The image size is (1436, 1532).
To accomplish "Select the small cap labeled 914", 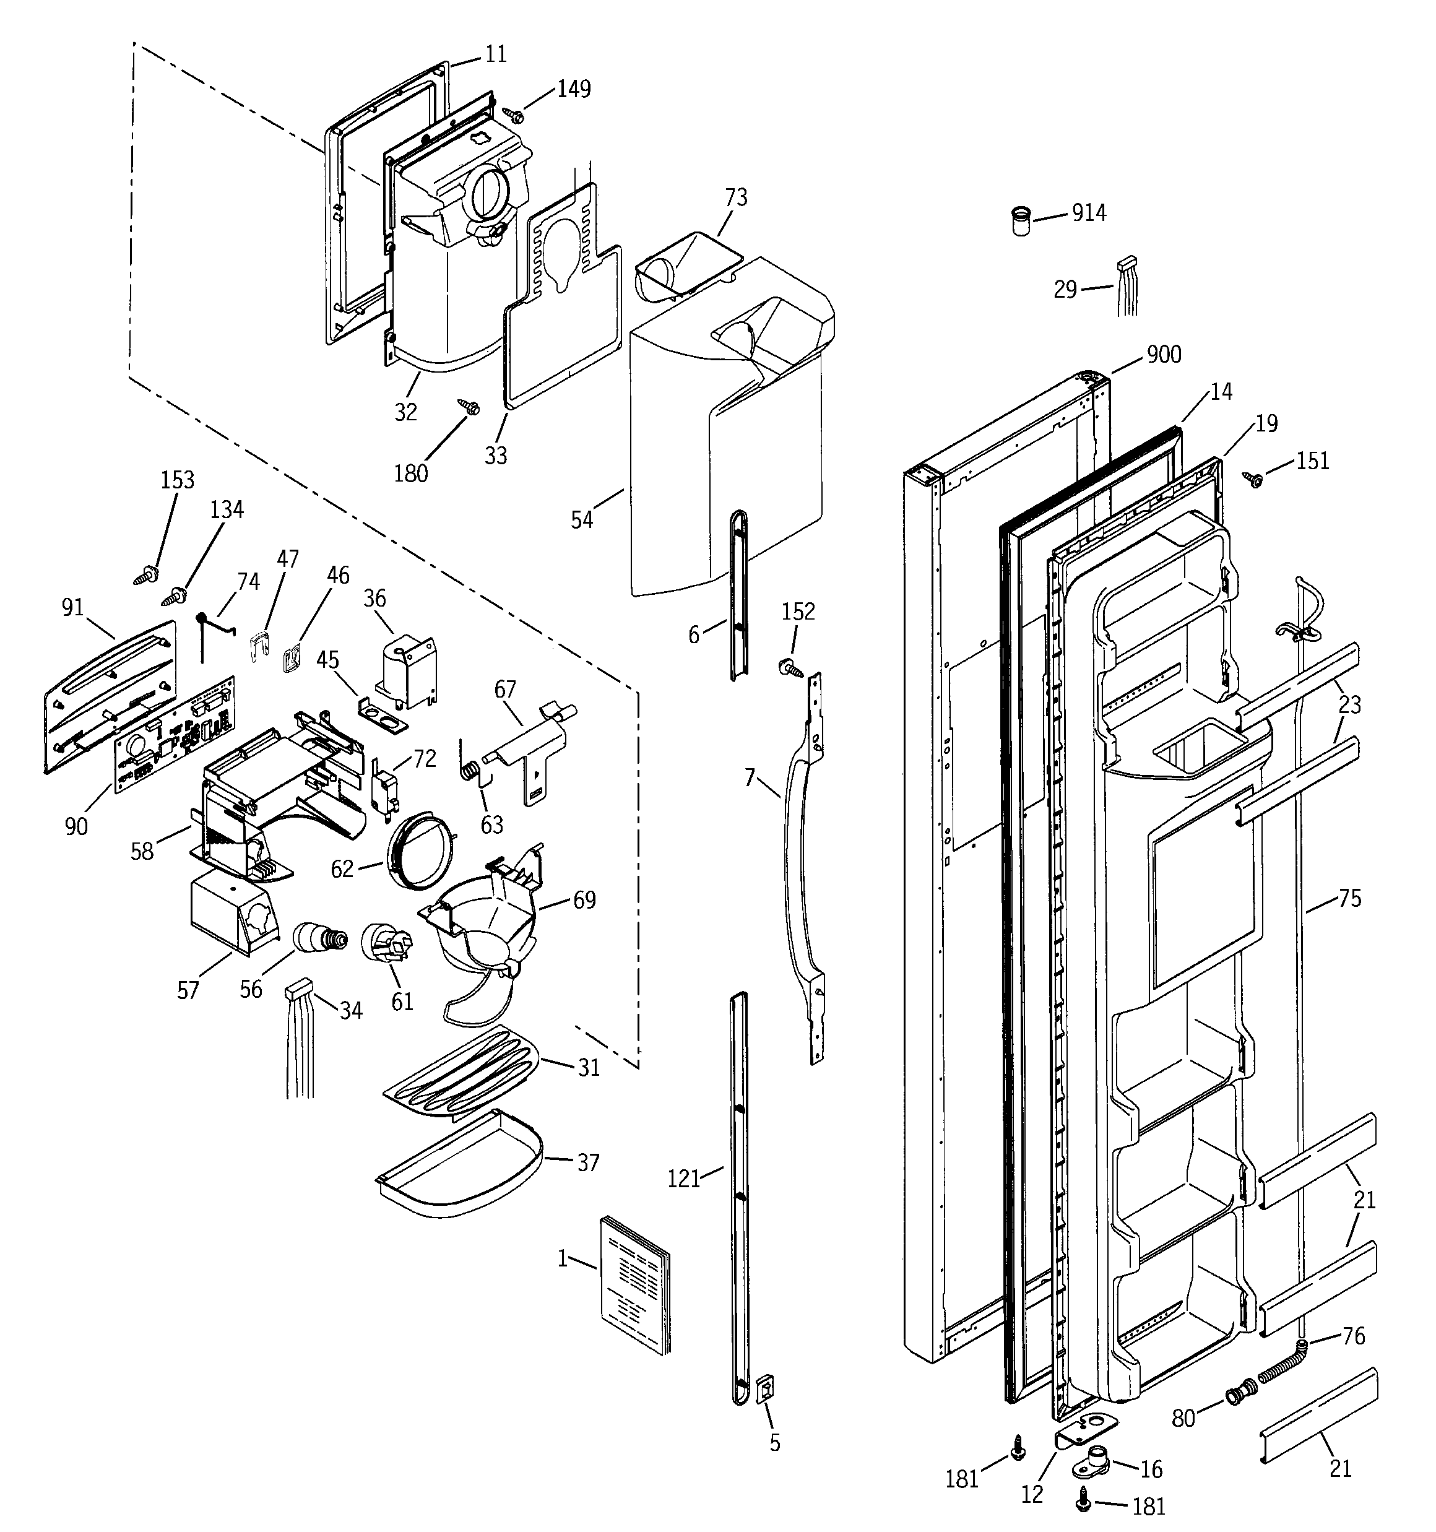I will (1021, 221).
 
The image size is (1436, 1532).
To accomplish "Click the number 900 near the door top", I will (1164, 355).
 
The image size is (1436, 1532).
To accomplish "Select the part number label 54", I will (582, 520).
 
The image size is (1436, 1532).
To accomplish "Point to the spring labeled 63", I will (470, 767).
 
